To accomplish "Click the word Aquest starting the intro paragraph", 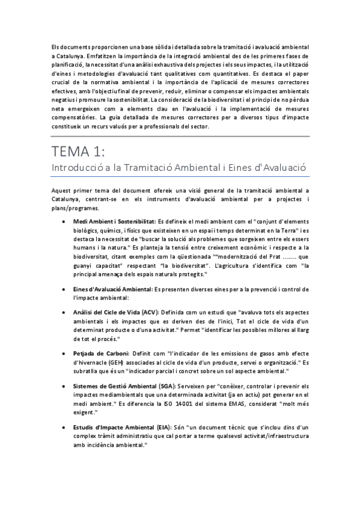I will (x=63, y=191).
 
